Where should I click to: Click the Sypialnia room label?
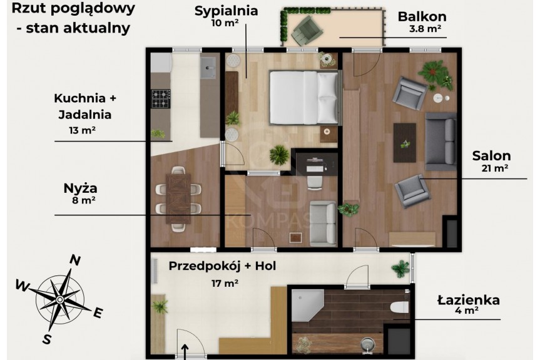[227, 11]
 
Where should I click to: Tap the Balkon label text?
[422, 16]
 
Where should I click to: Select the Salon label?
[491, 156]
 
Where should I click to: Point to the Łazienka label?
[469, 300]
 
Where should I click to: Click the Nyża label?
[80, 188]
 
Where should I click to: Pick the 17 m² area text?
[225, 283]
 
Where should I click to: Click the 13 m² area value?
[82, 130]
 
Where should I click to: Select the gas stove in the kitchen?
[161, 99]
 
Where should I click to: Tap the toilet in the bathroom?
[400, 307]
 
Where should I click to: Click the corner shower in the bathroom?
[307, 305]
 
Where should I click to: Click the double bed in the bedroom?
[303, 97]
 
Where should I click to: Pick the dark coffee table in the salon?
[405, 143]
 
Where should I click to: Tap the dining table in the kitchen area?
[178, 198]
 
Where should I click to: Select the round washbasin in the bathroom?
[367, 344]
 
